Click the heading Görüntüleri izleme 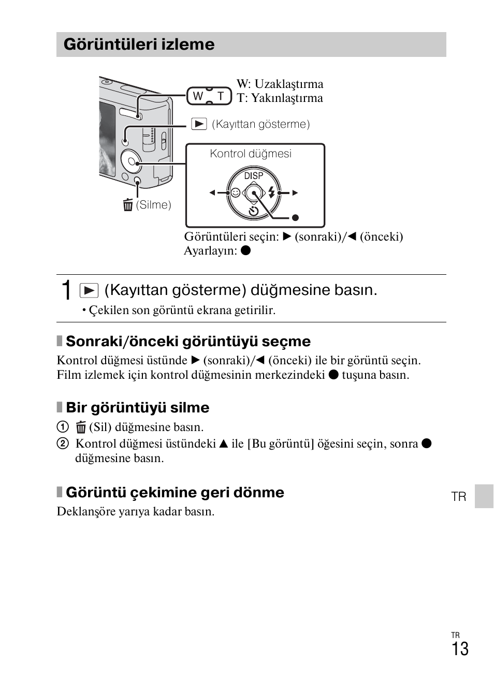[139, 45]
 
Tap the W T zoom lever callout [209, 96]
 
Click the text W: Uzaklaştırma [280, 84]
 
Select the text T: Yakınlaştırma [280, 98]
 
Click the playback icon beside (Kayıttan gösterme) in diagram [199, 124]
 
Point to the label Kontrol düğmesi [251, 154]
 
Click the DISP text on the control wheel [254, 176]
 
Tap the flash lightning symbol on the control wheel [271, 192]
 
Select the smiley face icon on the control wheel [236, 193]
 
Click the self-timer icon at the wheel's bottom [253, 211]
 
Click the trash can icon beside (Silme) [128, 205]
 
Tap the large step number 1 [66, 290]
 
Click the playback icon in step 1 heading [89, 290]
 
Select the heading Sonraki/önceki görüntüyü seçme [188, 342]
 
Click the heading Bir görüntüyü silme [137, 408]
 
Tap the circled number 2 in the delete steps [63, 443]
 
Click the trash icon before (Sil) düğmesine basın [81, 427]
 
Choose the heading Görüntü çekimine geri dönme [175, 493]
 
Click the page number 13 [460, 649]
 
